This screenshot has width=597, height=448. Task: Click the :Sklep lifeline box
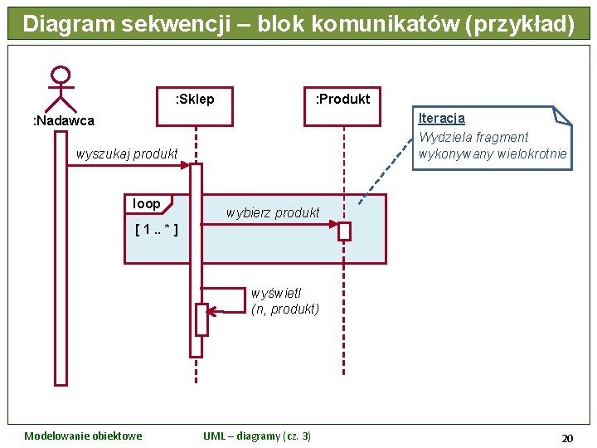(x=195, y=105)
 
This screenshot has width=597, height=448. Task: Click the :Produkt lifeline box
(x=342, y=105)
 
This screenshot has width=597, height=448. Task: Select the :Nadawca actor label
(x=63, y=121)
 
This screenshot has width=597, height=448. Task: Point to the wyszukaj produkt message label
(x=127, y=153)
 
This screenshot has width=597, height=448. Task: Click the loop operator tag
(x=147, y=204)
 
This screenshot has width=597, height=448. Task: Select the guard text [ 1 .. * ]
(x=156, y=229)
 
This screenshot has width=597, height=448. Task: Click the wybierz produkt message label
(x=273, y=212)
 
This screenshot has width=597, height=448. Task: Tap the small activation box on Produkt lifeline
(x=344, y=231)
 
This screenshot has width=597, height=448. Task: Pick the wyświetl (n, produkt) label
(x=284, y=301)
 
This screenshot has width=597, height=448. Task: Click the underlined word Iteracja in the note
(x=441, y=119)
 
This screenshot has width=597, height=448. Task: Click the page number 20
(x=567, y=437)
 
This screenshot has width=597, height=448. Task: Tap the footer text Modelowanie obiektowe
(x=83, y=436)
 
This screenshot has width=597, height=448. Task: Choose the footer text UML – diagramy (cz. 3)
(x=257, y=436)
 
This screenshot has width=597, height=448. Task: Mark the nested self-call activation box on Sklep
(x=201, y=319)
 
